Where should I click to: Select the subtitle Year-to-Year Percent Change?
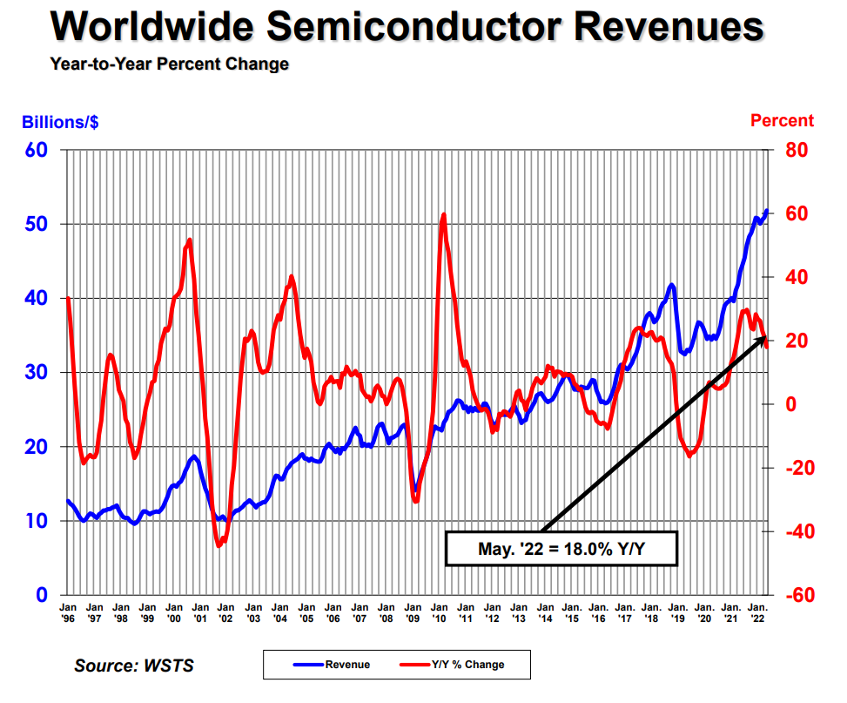(170, 64)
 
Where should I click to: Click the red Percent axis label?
(782, 121)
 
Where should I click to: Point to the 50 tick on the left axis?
(37, 224)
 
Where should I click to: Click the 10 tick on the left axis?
(37, 521)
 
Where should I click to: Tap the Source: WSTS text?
(134, 666)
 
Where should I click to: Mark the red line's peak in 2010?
(444, 214)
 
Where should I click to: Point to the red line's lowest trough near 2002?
(219, 545)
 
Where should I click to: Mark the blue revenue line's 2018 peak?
(671, 285)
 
